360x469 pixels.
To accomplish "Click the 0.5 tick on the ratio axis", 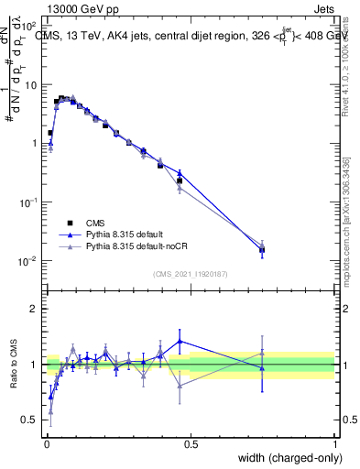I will pos(29,420).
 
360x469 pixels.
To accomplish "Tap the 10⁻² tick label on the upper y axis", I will pos(27,261).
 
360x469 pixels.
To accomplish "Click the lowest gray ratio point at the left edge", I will pos(50,411).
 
